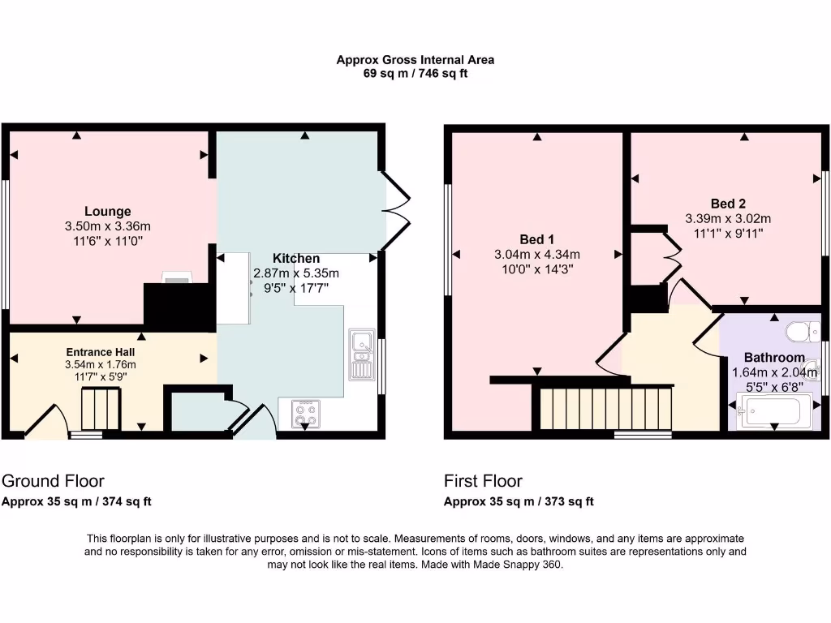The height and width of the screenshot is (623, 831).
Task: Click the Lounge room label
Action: pos(108,212)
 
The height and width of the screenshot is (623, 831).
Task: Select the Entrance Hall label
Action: pos(101,353)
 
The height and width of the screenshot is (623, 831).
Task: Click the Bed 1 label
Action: pos(536,239)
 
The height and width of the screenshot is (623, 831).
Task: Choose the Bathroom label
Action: pos(774,358)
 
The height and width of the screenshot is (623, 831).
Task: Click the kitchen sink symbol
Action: pos(361,354)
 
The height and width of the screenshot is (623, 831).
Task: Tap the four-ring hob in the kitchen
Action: pos(304,415)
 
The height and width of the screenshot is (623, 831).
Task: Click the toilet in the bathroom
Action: pos(803,332)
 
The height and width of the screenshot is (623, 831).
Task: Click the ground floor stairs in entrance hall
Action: pos(101,408)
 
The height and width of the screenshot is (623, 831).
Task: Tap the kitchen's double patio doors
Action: pos(396,202)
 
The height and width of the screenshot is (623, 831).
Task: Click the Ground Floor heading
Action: pos(53,481)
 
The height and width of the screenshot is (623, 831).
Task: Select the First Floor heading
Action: pos(483,481)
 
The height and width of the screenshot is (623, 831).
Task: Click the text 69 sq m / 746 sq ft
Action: pos(415,74)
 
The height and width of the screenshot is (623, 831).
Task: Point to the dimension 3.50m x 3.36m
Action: pos(108,226)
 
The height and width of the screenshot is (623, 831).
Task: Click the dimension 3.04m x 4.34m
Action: pos(536,255)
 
